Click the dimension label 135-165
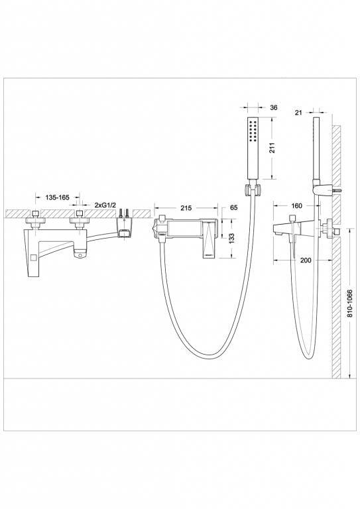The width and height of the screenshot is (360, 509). (x=58, y=198)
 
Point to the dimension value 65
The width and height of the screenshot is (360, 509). (x=233, y=207)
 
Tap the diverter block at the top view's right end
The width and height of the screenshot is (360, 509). (x=125, y=229)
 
